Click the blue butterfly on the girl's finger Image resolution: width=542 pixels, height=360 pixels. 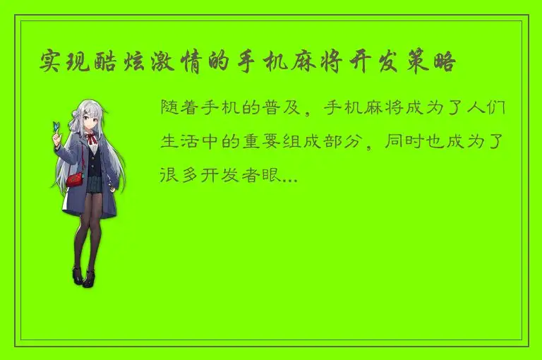[x=54, y=127]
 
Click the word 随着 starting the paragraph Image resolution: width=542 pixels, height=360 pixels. [x=181, y=109]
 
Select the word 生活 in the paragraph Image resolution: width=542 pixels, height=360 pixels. [x=181, y=140]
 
